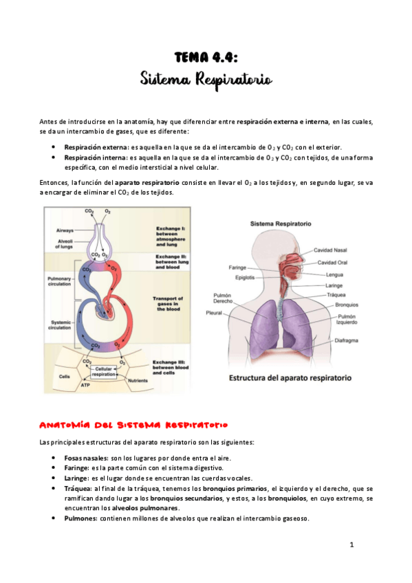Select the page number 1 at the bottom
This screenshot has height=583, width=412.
tap(351, 545)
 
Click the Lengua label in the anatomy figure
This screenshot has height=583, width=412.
tap(336, 274)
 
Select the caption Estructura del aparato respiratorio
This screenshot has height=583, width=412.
tap(290, 377)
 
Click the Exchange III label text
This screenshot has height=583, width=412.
tap(166, 366)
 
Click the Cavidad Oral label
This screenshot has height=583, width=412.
tap(332, 262)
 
